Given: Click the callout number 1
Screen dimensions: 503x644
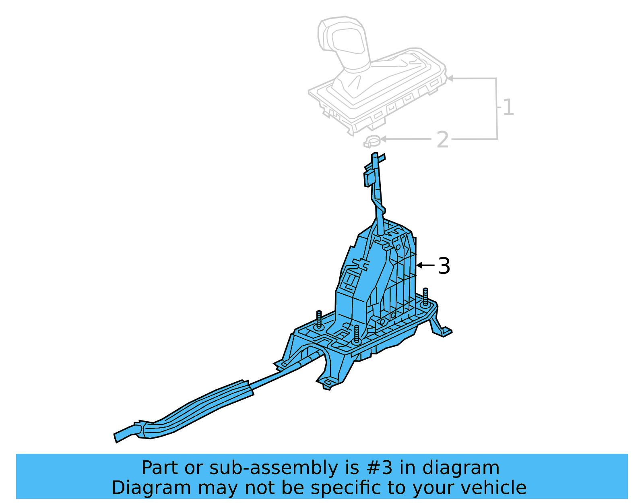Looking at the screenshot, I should [x=508, y=108].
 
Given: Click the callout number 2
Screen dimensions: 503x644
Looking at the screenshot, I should [x=443, y=140].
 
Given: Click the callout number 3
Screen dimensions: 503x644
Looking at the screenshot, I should [x=444, y=266].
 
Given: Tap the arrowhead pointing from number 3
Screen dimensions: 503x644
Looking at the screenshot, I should [x=419, y=265].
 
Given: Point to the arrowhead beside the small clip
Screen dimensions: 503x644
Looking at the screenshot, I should [x=383, y=139].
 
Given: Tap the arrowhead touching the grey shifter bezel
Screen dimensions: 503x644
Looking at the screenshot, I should [x=450, y=78].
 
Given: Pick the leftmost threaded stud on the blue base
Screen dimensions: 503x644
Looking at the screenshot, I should [x=319, y=320].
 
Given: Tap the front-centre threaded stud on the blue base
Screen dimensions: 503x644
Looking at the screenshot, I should [x=357, y=334].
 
